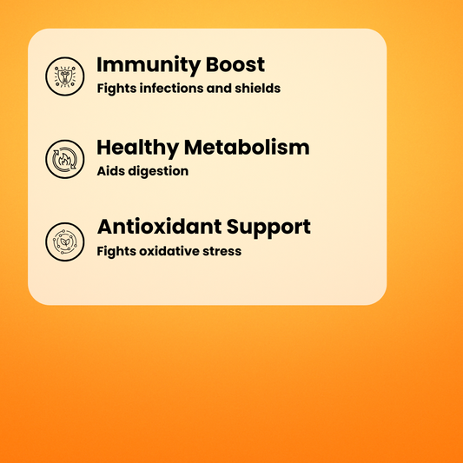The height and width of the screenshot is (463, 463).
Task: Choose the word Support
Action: tap(269, 228)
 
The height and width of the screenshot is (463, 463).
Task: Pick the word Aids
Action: tap(110, 171)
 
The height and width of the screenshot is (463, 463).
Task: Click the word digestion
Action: tap(157, 171)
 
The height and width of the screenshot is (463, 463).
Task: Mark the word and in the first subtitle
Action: tap(218, 88)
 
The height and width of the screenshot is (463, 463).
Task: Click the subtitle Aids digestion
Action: tap(142, 171)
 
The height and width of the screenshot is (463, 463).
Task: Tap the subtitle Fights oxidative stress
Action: tap(169, 252)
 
